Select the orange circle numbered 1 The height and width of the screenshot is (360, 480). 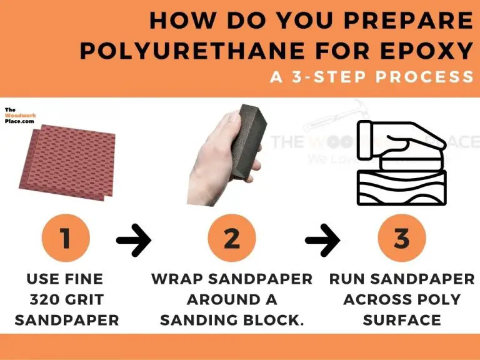coord(66,238)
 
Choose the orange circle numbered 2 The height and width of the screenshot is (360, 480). coord(231,238)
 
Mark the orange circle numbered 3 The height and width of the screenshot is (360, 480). coord(402,238)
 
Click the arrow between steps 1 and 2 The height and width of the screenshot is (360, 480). coord(134,239)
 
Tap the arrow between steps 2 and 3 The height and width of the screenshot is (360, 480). coord(322,239)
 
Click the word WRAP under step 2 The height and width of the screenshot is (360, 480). coord(177,279)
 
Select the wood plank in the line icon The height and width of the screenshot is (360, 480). coord(402,187)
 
